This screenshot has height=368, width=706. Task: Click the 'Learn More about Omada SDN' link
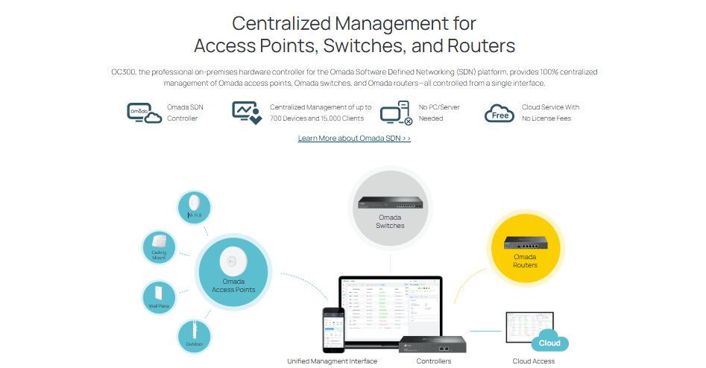[354, 139]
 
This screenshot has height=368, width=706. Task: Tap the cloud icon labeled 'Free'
[499, 113]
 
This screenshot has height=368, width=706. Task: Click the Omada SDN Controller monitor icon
[143, 112]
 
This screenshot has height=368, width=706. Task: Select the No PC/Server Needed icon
[396, 112]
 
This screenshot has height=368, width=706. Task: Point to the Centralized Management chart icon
[247, 112]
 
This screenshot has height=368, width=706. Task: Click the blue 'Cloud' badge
[549, 343]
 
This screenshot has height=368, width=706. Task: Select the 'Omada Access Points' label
[233, 286]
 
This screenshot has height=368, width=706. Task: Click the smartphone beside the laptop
[332, 328]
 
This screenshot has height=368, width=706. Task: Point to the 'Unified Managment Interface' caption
[332, 361]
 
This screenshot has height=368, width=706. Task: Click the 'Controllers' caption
[433, 361]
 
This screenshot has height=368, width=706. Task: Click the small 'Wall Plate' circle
[160, 297]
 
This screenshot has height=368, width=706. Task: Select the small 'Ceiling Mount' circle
[159, 247]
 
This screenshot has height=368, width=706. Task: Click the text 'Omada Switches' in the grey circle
[390, 221]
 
